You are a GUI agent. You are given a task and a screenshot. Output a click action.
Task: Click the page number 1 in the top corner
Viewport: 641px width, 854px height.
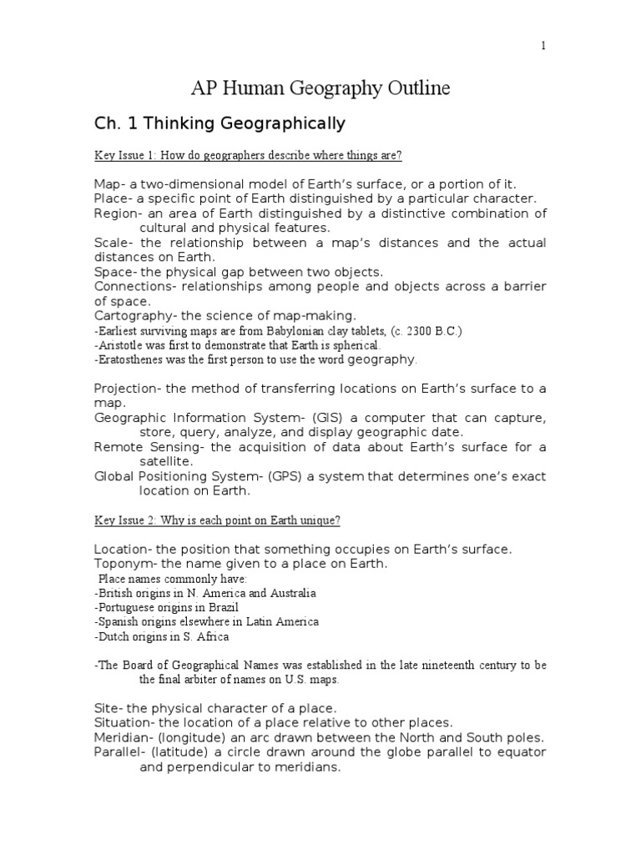tap(543, 46)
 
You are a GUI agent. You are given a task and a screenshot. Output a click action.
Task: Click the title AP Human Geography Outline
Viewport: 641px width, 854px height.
tap(320, 88)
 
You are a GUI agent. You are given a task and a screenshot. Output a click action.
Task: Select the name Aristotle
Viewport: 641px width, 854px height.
tap(123, 344)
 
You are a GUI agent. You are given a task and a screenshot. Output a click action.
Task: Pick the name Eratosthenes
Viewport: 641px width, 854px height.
tap(134, 359)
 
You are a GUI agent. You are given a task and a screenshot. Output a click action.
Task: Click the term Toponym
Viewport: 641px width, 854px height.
tap(123, 564)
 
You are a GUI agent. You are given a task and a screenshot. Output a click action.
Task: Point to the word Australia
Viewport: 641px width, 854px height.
tap(290, 593)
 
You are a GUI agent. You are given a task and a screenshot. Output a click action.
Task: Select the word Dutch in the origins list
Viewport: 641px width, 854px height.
tap(114, 636)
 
